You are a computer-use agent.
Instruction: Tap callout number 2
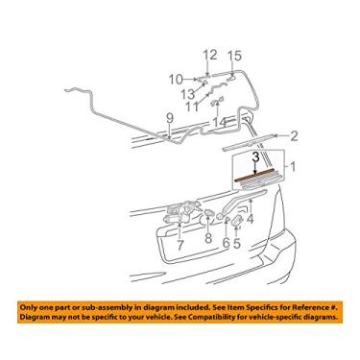[x=295, y=135]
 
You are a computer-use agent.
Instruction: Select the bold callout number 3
[x=255, y=155]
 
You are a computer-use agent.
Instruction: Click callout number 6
[x=226, y=245]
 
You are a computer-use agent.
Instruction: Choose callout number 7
[x=179, y=245]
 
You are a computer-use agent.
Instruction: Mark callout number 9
[x=170, y=118]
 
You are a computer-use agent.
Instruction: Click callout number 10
[x=176, y=78]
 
